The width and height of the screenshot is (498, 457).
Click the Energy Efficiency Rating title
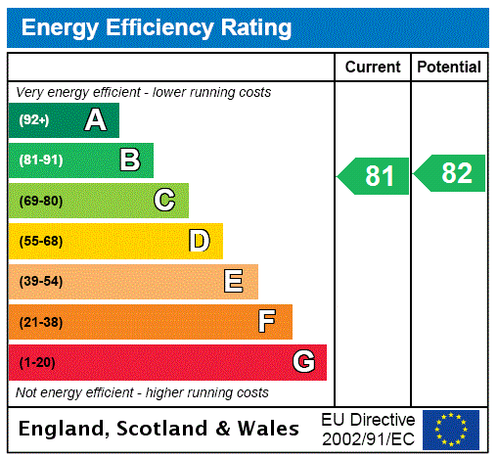[157, 28]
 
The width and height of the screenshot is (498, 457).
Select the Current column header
[373, 67]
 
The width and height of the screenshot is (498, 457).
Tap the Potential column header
[449, 67]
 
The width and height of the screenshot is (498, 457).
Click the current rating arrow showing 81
[375, 176]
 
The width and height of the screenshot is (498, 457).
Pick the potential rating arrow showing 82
[451, 173]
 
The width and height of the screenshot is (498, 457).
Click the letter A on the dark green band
[95, 120]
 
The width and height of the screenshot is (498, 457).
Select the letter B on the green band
[129, 160]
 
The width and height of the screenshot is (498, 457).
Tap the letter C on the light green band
[164, 201]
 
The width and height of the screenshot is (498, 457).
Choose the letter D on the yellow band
[199, 241]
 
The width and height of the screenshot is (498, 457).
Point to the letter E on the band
[233, 282]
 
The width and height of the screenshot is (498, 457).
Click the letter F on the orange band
[266, 321]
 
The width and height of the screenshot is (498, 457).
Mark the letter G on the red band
[303, 362]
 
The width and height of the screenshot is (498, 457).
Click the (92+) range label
[34, 120]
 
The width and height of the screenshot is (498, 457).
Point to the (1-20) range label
[37, 362]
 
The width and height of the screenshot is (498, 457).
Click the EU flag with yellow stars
[451, 429]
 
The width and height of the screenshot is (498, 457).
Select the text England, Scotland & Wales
[159, 429]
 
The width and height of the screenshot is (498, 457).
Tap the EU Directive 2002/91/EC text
[368, 429]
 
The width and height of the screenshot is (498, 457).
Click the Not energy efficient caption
[142, 392]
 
